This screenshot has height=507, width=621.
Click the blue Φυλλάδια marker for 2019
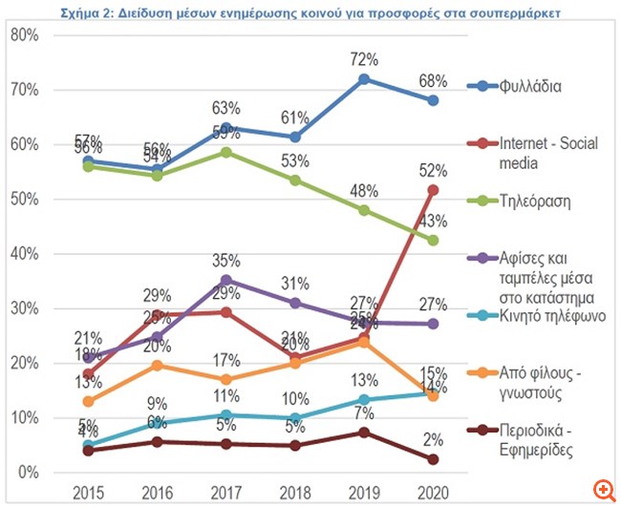pos(363,79)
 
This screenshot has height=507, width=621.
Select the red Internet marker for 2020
pos(433,190)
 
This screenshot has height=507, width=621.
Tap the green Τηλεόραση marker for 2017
pos(225,152)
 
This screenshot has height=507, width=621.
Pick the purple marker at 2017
pos(225,281)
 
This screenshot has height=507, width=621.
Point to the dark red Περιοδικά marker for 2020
pos(433,459)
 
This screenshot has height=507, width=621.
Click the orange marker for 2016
pos(157,365)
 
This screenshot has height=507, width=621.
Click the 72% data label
pos(364,57)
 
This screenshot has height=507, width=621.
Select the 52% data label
pos(433,170)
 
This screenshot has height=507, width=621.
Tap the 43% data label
pos(433,222)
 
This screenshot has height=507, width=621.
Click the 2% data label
pos(433,440)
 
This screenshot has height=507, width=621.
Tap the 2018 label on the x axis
pos(294,493)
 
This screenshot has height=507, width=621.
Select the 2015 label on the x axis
pos(88,493)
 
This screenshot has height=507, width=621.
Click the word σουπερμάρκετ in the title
pos(516,14)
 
